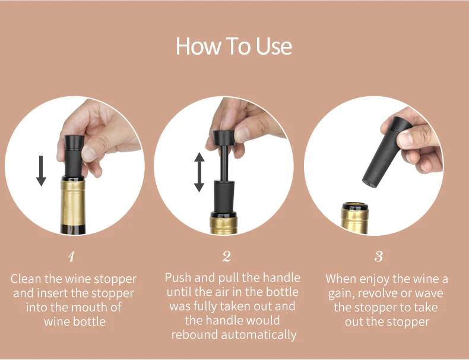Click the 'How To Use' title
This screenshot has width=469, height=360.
click(x=233, y=46)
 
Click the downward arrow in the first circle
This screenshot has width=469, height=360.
click(x=41, y=171)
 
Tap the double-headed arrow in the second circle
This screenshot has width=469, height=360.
click(x=199, y=172)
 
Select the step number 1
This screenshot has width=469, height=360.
click(x=71, y=257)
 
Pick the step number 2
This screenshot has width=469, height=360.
click(x=227, y=257)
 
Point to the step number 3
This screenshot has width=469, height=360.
click(x=379, y=257)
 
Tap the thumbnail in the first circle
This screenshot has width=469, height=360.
click(x=89, y=154)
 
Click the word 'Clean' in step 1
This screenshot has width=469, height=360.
click(x=26, y=279)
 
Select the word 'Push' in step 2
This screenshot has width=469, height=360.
click(x=178, y=277)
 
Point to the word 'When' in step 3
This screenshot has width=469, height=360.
click(x=341, y=279)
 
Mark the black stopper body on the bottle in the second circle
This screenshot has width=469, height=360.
click(x=224, y=197)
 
